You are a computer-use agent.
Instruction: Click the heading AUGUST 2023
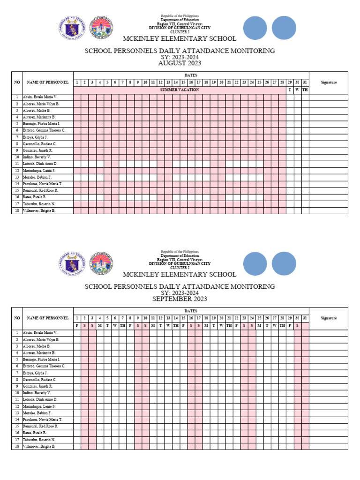(x=180, y=63)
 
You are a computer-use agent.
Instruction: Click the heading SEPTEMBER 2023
(x=180, y=299)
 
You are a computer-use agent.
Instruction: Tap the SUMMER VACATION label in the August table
(x=180, y=90)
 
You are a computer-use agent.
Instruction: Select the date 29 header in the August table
(x=290, y=82)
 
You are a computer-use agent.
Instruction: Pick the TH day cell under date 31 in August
(x=305, y=90)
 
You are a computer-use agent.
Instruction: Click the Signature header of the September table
(x=329, y=318)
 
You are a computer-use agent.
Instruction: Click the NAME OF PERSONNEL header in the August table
(x=48, y=82)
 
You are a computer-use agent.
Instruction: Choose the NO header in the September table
(x=17, y=318)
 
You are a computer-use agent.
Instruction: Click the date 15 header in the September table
(x=183, y=318)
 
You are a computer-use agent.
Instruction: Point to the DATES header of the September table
(x=191, y=310)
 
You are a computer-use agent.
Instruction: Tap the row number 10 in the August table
(x=17, y=157)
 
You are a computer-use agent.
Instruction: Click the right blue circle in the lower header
(x=284, y=264)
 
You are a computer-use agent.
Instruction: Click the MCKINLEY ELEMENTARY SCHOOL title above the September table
(x=180, y=274)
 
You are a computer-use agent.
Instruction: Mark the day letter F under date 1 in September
(x=77, y=325)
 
